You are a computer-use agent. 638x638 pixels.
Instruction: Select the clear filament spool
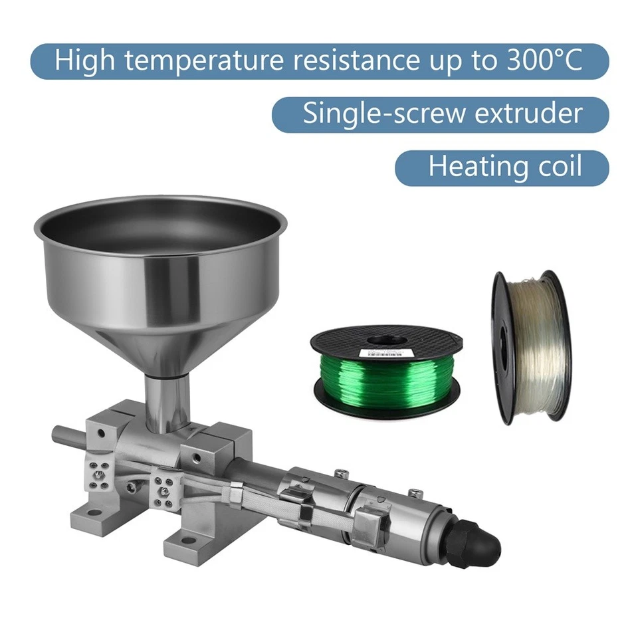pos(531,346)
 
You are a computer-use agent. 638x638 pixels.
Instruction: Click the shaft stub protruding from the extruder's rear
pos(66,437)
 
